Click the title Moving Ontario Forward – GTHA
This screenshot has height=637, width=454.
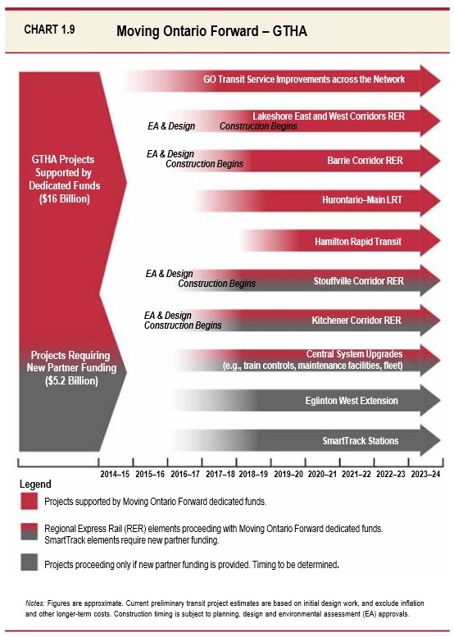[212, 31]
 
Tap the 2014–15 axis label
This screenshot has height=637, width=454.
[116, 474]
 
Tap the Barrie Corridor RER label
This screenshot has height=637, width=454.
[365, 159]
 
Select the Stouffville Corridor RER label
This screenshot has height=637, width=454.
[358, 281]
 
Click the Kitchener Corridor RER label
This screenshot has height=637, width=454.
[356, 321]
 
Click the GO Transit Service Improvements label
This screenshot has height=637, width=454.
[304, 80]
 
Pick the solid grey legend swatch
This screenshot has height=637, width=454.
[30, 564]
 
